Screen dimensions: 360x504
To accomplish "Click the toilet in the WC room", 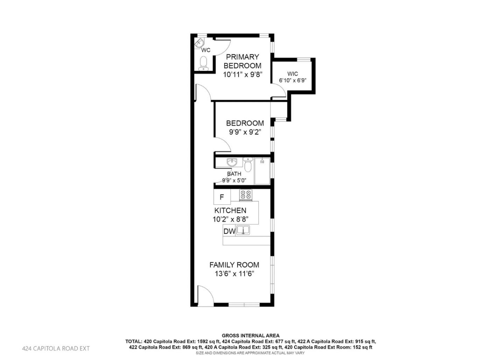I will pos(203,63).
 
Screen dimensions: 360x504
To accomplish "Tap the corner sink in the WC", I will pos(198,43).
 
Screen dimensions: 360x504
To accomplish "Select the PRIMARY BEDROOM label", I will pos(243,61).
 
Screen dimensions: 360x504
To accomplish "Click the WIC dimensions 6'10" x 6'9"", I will pos(293,80).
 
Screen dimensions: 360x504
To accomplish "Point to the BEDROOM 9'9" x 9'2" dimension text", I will pos(245,132).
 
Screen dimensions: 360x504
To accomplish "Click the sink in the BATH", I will pos(232,163).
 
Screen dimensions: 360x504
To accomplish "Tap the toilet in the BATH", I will pos(248,165).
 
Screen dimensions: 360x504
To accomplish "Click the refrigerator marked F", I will pos(222,197).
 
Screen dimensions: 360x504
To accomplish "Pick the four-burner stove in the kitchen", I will pos(246,195).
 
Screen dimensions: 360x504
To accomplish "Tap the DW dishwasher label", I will pos(229,231).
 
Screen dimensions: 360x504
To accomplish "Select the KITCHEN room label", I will pos(230,210).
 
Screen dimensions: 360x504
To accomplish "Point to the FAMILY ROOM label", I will pos(234,265).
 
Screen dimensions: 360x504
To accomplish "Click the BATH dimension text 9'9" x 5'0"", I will pos(234,181).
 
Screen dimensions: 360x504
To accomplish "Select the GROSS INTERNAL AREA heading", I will pos(251,336).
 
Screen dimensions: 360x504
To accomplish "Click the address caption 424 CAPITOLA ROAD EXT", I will pos(56,348).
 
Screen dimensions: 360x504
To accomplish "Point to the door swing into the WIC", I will pos(279,90).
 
